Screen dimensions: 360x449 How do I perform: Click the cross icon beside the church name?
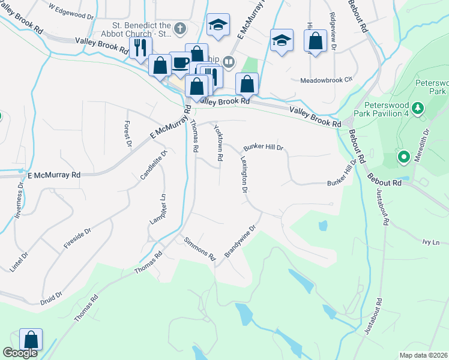coord(179,27)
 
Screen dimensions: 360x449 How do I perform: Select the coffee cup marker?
coord(179,62)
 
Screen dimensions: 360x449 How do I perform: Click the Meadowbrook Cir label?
coord(324,80)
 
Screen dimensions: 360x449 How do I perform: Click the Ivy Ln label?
coord(431,242)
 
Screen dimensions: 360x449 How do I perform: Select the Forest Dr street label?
coord(127,134)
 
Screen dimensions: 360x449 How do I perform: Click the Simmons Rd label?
coord(200,247)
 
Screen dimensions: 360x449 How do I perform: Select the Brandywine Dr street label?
coord(240,241)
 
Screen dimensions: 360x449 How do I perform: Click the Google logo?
coord(20,353)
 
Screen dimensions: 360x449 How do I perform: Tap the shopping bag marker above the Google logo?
coord(31,340)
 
